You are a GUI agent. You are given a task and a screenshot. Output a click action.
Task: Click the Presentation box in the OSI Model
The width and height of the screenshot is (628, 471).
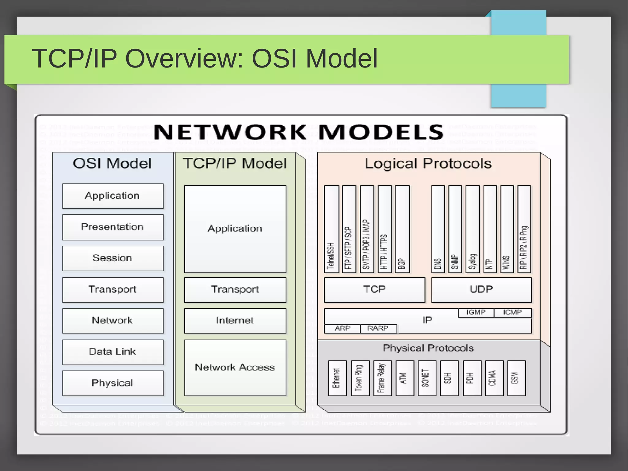click(x=113, y=227)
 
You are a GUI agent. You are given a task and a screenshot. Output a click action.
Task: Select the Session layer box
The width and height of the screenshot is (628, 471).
click(x=113, y=258)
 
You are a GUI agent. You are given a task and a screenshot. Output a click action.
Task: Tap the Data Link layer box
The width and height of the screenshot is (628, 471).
click(x=113, y=352)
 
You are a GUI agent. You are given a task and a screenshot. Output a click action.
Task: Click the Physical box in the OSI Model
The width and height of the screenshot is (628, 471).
click(x=113, y=383)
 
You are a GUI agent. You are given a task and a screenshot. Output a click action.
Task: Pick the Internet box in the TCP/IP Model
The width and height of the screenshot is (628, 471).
click(x=235, y=321)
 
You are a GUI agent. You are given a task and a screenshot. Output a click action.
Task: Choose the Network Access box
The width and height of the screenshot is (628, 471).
click(x=235, y=367)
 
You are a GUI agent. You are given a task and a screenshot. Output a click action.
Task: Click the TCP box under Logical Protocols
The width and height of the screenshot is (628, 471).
click(x=374, y=290)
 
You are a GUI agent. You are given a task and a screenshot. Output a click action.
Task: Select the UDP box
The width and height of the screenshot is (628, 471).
click(x=481, y=290)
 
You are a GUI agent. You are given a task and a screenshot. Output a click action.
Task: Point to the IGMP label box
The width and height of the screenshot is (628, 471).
click(x=476, y=312)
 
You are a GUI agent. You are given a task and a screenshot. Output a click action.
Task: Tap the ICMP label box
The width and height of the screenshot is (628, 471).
click(x=512, y=312)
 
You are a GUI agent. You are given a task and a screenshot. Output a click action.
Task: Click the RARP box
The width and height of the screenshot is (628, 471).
click(x=378, y=328)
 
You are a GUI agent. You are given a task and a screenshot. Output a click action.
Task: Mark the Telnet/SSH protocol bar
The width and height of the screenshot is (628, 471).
click(x=331, y=229)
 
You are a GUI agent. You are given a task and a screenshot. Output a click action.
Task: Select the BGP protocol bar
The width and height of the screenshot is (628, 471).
click(x=402, y=229)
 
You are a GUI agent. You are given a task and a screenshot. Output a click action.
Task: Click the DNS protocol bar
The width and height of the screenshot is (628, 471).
click(x=438, y=229)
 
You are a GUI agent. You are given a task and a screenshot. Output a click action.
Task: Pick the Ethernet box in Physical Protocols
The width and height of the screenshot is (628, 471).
click(x=337, y=378)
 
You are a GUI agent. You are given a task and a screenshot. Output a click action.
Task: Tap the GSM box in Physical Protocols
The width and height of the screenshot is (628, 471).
click(x=516, y=378)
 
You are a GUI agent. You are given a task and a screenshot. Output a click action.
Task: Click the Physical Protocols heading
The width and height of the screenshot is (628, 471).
click(x=428, y=348)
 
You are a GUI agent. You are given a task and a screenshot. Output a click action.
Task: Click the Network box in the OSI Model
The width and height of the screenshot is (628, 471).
click(x=113, y=321)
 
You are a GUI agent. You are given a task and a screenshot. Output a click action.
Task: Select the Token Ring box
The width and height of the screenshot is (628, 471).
click(x=360, y=378)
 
